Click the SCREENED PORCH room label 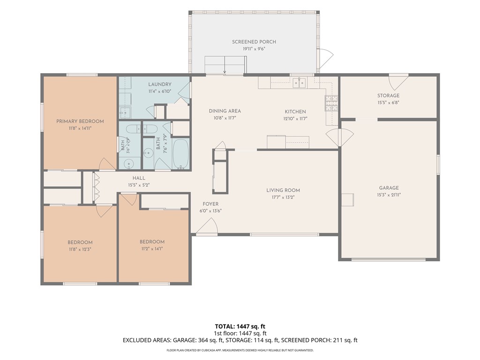point(254,42)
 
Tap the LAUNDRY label point(160,84)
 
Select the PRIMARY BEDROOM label point(80,121)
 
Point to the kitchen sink point(299,82)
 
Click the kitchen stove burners point(331,103)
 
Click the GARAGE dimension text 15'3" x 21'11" point(389,195)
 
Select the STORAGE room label point(388,96)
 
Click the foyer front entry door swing point(207,226)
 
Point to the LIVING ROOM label point(283,190)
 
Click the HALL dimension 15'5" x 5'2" point(139,185)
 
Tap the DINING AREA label point(225,111)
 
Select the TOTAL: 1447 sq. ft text point(240,326)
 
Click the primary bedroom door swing point(107,164)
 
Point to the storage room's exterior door point(398,81)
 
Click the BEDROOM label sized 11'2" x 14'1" point(152,241)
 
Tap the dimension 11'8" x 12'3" point(80,249)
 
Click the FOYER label point(210,204)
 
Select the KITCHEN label point(295,112)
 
